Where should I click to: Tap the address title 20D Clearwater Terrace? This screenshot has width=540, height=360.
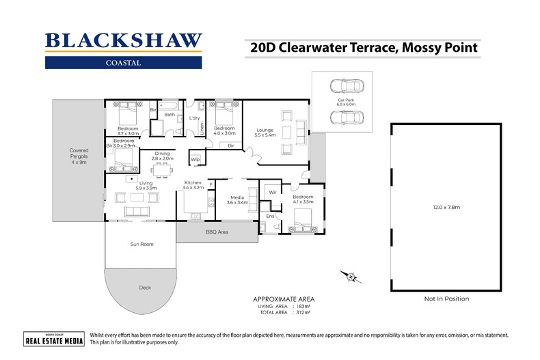pos(360,48)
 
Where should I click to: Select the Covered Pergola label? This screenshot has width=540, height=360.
pos(79,156)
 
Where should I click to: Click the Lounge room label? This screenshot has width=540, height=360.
pos(265,130)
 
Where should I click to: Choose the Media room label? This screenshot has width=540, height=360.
pos(237,199)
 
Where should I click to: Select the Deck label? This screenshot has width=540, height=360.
pos(145,288)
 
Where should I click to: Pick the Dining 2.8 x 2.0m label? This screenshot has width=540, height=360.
pos(162,156)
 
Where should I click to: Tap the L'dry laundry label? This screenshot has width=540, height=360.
pos(193,118)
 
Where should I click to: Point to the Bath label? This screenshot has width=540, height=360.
pos(169,115)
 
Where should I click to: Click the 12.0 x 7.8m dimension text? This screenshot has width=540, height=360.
pos(446,207)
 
